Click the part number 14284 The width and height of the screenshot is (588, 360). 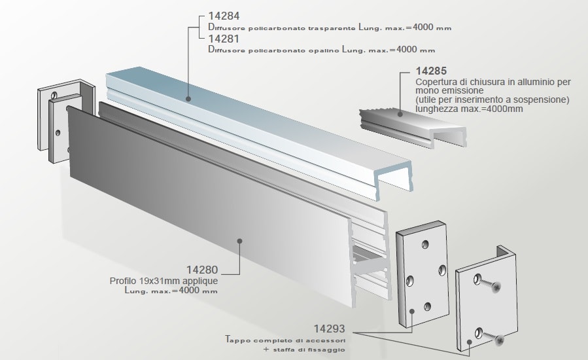[x=224, y=16]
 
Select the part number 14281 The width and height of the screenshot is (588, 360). [x=224, y=39]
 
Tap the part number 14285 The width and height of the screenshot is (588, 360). [x=432, y=71]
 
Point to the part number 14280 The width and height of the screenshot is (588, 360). [x=202, y=269]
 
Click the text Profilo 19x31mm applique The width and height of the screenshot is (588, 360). [x=164, y=281]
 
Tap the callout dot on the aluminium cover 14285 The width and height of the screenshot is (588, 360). [x=400, y=114]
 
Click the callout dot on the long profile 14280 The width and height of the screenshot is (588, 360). [x=239, y=241]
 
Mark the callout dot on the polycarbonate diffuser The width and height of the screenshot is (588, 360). [x=188, y=99]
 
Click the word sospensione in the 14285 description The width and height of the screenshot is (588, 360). [x=544, y=100]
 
